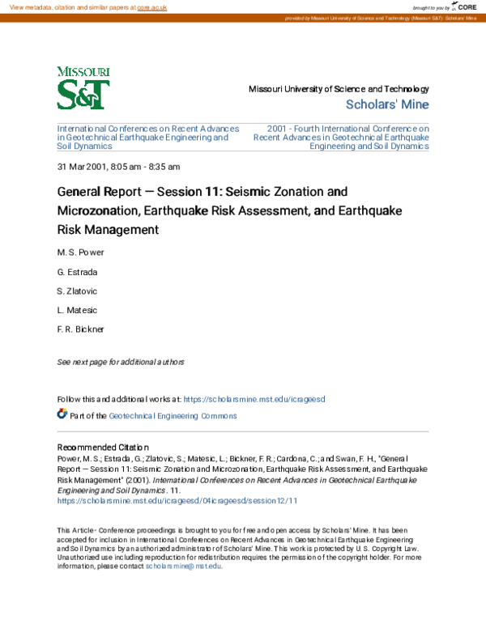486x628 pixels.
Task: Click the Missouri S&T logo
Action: (x=83, y=87)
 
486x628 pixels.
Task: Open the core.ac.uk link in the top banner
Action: (x=153, y=6)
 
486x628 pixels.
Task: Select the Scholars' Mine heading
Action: (x=387, y=104)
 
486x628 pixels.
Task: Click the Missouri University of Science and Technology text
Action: (x=339, y=89)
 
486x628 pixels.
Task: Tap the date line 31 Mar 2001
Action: (x=118, y=167)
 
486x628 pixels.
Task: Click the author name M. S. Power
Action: (x=80, y=252)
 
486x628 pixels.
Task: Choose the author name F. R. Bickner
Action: (x=81, y=329)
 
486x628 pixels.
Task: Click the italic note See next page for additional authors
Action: (x=121, y=362)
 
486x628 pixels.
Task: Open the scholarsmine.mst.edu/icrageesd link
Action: (x=254, y=400)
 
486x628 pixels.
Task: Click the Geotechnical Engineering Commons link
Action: (x=173, y=416)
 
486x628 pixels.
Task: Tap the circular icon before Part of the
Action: (x=62, y=414)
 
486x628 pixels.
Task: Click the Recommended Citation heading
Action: (x=104, y=448)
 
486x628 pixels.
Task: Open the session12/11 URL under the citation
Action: (x=177, y=501)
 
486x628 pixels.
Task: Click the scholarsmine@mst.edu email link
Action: (x=183, y=566)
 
